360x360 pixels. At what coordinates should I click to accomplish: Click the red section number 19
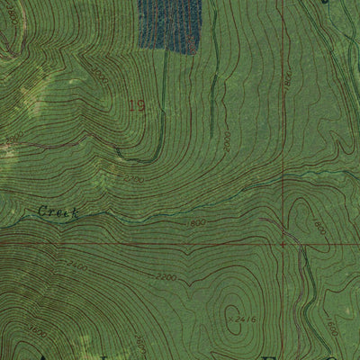tap(136, 106)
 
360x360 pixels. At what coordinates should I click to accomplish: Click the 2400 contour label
tap(76, 267)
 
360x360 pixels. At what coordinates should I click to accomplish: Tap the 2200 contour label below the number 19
tap(135, 178)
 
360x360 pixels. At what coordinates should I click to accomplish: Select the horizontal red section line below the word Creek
tap(135, 242)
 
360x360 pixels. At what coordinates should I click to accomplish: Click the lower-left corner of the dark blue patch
tap(140, 46)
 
